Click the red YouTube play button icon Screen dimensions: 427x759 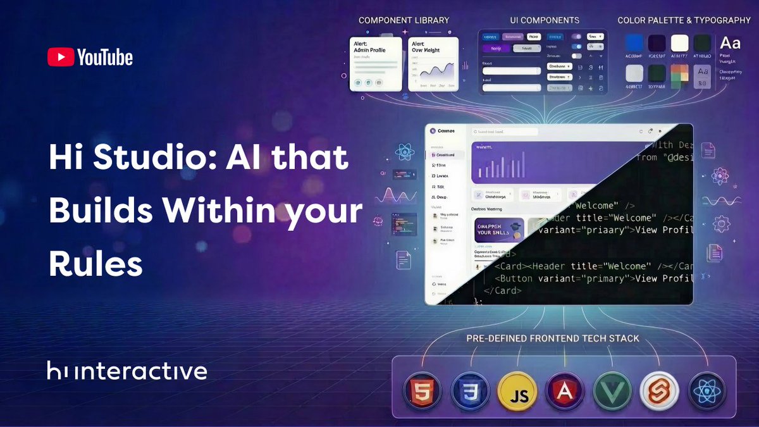tap(60, 58)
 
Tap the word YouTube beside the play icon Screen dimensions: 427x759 tap(105, 58)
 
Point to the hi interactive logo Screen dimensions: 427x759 tap(126, 371)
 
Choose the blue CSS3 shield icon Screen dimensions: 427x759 tap(469, 392)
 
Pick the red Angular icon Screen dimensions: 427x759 tap(564, 392)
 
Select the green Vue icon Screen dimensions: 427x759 tap(612, 392)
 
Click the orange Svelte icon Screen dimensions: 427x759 tap(658, 392)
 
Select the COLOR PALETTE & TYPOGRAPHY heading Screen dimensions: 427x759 tap(684, 20)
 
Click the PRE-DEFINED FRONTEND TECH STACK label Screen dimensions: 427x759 tap(552, 338)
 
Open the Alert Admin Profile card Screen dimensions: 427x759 tap(376, 64)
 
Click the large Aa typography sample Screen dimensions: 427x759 tap(731, 43)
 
